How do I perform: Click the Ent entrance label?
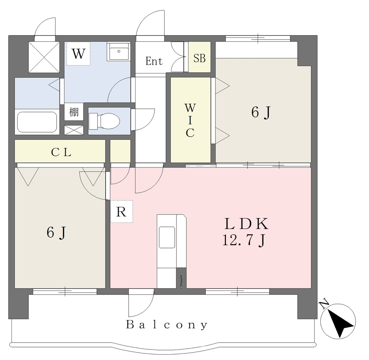click(154, 61)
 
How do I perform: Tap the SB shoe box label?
click(200, 58)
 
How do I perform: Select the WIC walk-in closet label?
click(190, 120)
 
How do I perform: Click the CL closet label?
click(61, 152)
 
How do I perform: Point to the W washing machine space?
click(78, 54)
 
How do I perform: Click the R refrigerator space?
click(121, 211)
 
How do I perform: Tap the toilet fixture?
click(104, 121)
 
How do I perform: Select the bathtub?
click(37, 122)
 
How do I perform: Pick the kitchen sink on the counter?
click(167, 237)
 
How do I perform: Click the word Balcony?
click(167, 325)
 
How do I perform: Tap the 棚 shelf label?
click(74, 112)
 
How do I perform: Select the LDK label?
click(246, 224)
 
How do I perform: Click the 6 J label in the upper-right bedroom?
click(261, 112)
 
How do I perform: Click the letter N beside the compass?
click(324, 304)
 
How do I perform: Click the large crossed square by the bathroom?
click(44, 57)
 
